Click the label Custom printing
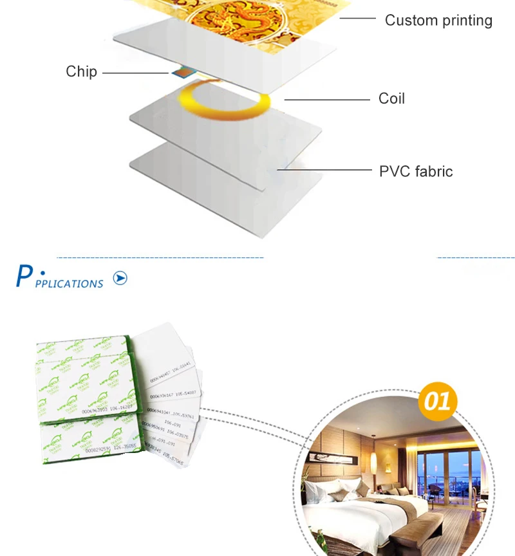[438, 21]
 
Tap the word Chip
[81, 71]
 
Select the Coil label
[391, 99]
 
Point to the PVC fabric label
[415, 172]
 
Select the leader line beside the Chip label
[135, 73]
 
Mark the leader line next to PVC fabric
[325, 171]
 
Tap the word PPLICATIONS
[69, 284]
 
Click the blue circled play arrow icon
[120, 278]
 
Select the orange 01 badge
[438, 402]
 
